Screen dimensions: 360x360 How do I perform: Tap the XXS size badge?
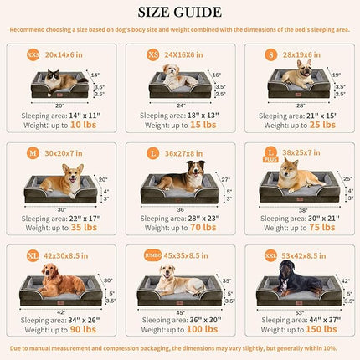pos(34,53)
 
